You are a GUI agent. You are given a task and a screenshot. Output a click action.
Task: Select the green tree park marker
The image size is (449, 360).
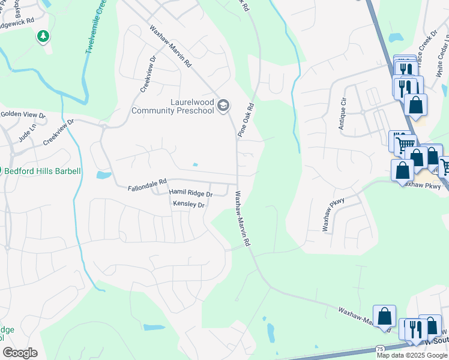pos(43,37)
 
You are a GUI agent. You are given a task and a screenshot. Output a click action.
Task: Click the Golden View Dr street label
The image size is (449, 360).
pos(22,115)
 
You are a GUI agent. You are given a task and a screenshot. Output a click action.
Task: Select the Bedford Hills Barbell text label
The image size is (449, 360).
pos(42,171)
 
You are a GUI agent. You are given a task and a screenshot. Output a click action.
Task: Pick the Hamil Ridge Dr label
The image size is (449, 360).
pos(190,194)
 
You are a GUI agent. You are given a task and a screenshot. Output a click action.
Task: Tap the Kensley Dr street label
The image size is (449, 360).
pos(189,205)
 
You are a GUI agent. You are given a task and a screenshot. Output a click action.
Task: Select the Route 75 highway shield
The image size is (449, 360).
pos(380,349)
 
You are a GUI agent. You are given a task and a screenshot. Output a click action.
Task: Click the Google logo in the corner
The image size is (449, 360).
pos(20,353)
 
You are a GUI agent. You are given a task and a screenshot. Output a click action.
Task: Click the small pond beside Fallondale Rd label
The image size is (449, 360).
pos(103,175)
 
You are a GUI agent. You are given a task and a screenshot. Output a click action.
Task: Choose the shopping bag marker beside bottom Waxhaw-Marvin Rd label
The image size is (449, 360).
pos(384,316)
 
